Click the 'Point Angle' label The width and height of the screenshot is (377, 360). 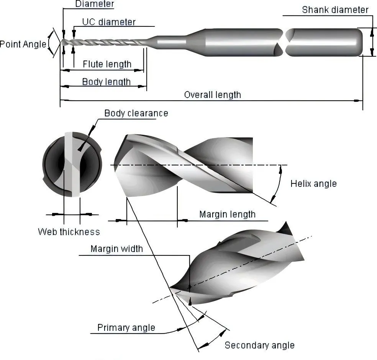pyautogui.click(x=23, y=44)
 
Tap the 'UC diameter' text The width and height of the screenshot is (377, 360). pyautogui.click(x=109, y=22)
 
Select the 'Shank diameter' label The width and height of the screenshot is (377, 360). pyautogui.click(x=335, y=10)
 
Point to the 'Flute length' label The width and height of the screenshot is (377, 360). pyautogui.click(x=107, y=64)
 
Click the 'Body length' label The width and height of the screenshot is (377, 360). pyautogui.click(x=106, y=82)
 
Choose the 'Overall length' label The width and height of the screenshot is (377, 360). pyautogui.click(x=212, y=95)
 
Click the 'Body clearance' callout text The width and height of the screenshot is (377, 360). pyautogui.click(x=136, y=113)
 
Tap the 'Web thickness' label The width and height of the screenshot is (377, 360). pyautogui.click(x=69, y=232)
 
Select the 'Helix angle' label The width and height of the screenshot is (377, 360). pyautogui.click(x=313, y=183)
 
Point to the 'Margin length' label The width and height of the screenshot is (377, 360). pyautogui.click(x=227, y=214)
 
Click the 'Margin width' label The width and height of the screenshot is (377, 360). pyautogui.click(x=116, y=249)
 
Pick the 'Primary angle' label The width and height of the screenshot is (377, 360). pyautogui.click(x=126, y=328)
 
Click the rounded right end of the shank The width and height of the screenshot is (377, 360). pyautogui.click(x=358, y=41)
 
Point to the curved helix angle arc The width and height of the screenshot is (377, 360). pyautogui.click(x=278, y=184)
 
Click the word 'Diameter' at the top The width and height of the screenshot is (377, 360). pyautogui.click(x=94, y=5)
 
